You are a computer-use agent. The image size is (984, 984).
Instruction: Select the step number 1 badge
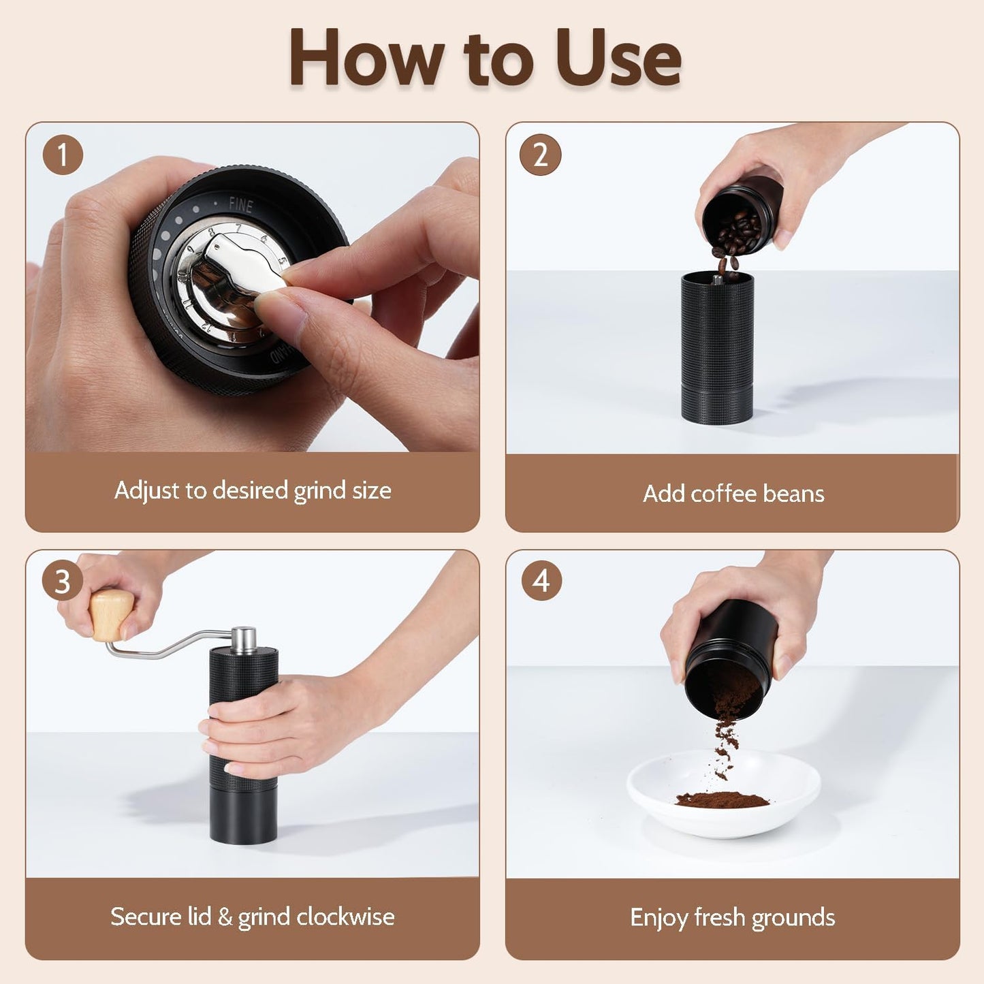[63, 155]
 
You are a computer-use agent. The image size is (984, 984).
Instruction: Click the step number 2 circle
[540, 155]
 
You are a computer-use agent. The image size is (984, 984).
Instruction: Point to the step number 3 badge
[62, 582]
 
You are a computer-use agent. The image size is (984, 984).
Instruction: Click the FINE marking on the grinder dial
[240, 204]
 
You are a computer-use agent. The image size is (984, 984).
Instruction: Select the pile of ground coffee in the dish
[722, 799]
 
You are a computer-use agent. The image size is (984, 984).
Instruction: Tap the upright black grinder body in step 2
[717, 347]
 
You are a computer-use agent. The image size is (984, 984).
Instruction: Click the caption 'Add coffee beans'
[733, 493]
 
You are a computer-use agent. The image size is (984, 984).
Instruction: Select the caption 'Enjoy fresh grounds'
[732, 917]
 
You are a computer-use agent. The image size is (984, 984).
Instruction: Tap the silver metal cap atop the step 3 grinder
[244, 639]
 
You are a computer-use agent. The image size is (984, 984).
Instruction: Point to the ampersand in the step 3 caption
[225, 917]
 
